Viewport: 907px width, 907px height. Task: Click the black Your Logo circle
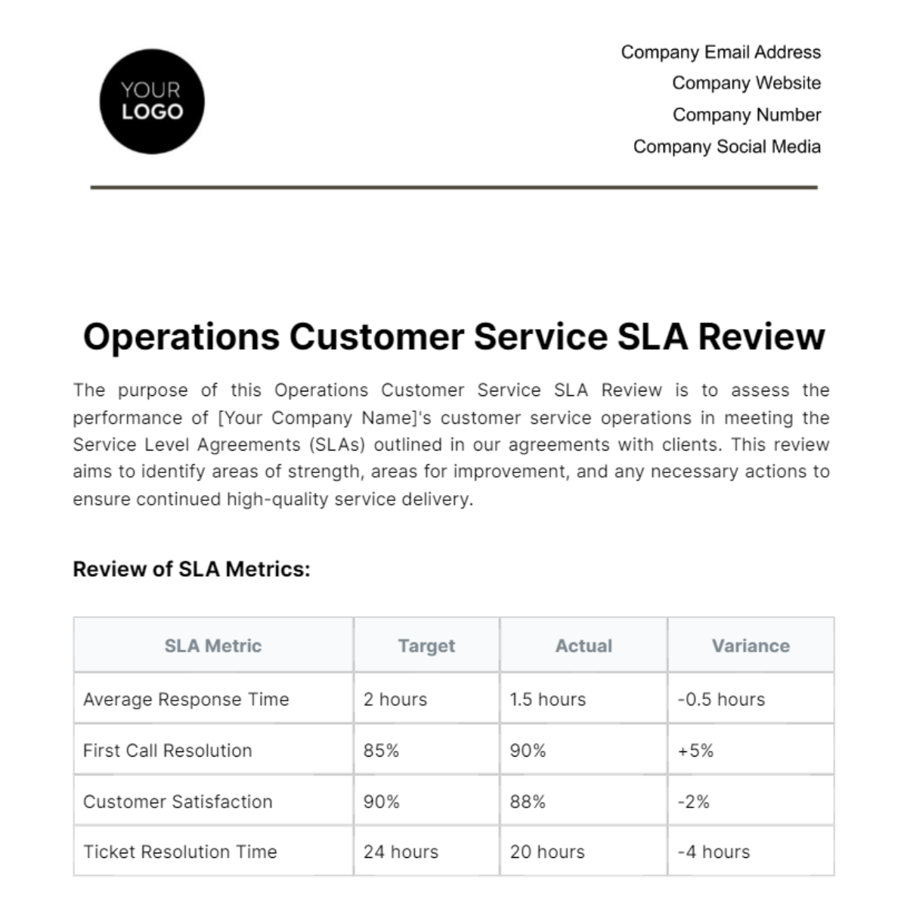tap(152, 101)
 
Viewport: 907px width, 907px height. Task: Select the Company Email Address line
tap(720, 52)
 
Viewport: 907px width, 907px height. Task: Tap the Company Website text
tap(746, 83)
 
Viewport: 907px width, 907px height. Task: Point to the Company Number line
tap(746, 115)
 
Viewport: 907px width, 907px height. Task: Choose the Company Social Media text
tap(726, 147)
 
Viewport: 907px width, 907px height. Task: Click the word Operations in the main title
tap(181, 337)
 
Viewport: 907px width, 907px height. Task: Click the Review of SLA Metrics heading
tap(191, 569)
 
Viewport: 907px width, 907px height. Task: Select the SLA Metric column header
tap(213, 645)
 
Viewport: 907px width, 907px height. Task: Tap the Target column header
tap(426, 645)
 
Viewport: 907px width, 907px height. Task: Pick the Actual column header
tap(584, 645)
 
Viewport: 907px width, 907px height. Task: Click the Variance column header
tap(751, 645)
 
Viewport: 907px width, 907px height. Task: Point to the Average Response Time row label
tap(186, 699)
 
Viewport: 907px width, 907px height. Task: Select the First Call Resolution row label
tap(167, 751)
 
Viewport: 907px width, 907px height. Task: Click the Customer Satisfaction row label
tap(178, 801)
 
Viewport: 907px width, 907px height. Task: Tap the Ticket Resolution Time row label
tap(180, 852)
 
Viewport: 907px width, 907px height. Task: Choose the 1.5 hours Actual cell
tap(547, 699)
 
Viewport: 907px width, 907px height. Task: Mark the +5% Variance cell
tap(695, 751)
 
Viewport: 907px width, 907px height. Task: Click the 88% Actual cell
tap(528, 801)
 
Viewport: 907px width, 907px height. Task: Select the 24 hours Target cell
tap(401, 852)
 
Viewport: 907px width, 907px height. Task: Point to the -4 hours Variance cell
tap(714, 852)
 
